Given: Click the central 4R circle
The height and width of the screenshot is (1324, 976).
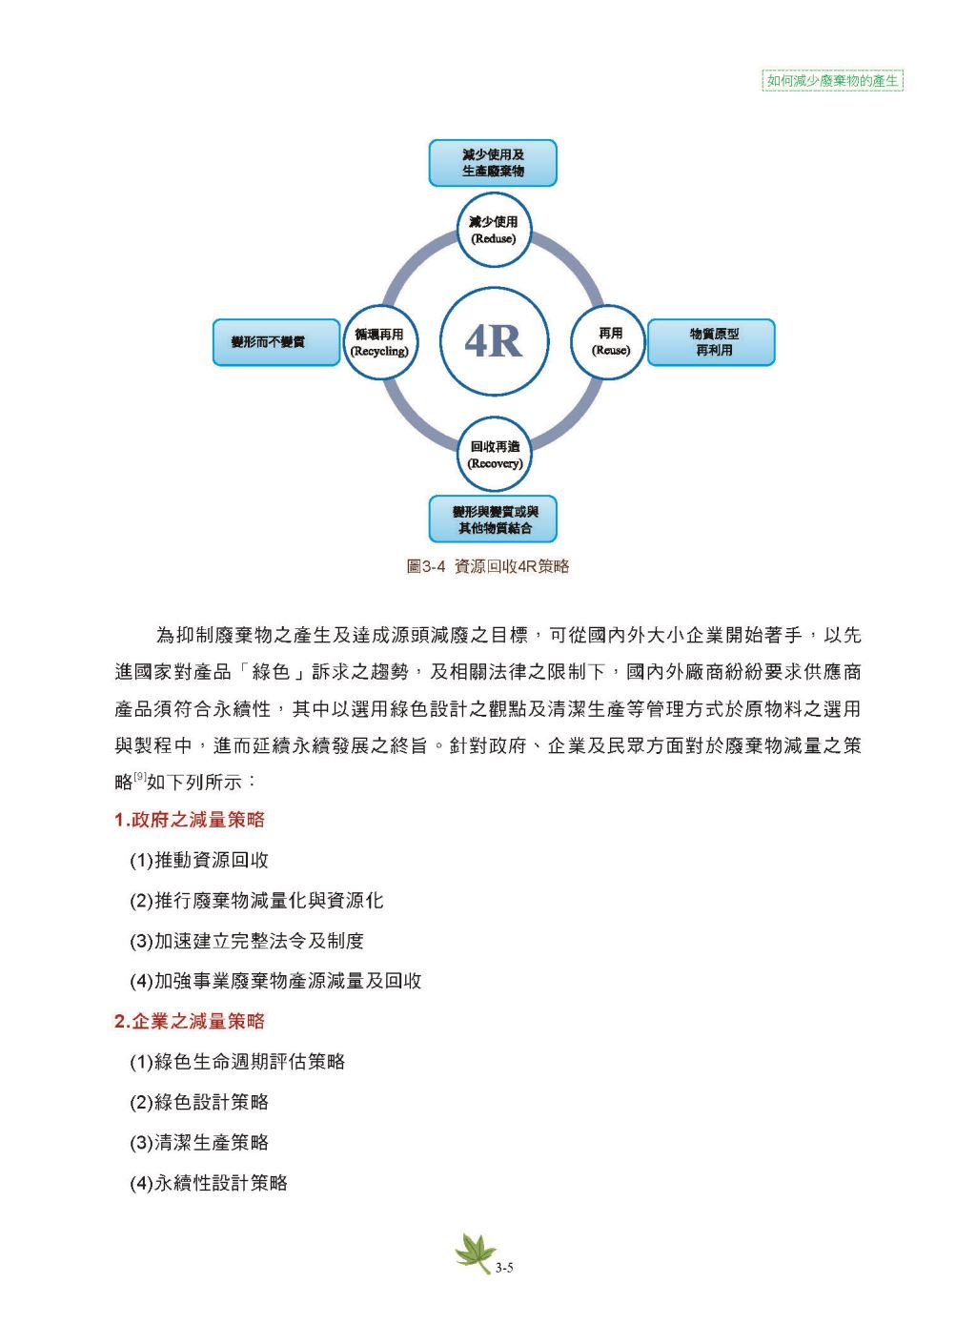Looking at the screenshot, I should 493,341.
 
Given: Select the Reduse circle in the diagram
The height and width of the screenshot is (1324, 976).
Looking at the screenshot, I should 493,230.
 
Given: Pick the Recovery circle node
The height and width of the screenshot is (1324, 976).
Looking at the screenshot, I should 493,455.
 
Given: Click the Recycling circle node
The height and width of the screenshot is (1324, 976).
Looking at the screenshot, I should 378,341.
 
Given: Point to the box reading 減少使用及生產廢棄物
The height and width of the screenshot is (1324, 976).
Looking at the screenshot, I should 493,163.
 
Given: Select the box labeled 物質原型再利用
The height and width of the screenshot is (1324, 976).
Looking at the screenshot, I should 711,342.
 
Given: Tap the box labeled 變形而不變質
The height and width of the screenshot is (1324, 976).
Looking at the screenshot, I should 276,342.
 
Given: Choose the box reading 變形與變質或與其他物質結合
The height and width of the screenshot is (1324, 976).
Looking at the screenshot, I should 493,519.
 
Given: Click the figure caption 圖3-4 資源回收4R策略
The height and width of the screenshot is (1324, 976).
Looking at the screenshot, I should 488,566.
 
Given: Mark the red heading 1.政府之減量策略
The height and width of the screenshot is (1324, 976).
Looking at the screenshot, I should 189,820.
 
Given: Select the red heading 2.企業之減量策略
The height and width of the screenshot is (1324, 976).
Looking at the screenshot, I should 189,1021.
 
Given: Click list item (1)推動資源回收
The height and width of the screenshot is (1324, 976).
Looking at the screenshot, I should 199,860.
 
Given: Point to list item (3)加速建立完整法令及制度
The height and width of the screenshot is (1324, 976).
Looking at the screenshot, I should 247,941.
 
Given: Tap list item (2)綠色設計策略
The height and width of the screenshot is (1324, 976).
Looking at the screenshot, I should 199,1102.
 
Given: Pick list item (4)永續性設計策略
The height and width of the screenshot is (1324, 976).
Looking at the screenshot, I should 209,1183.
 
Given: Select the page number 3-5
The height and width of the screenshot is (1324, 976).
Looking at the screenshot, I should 505,1267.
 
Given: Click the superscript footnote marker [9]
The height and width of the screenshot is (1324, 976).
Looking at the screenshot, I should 139,778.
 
